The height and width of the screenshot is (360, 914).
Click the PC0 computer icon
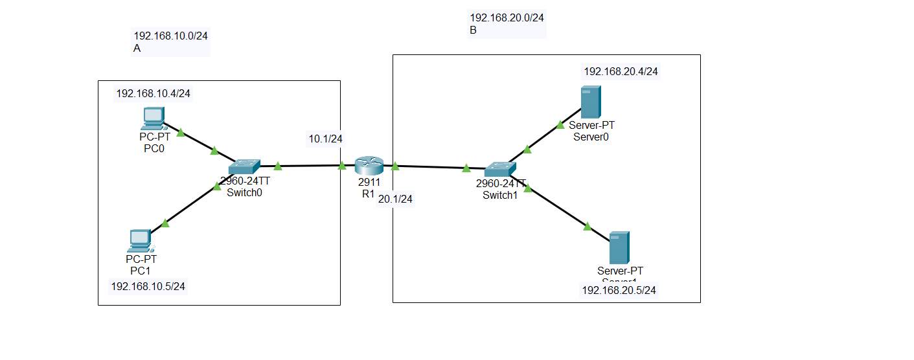[x=152, y=118]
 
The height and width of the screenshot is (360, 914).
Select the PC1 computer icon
[x=139, y=240]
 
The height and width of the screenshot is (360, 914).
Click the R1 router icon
[x=369, y=166]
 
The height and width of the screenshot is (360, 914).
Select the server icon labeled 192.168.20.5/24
[x=619, y=247]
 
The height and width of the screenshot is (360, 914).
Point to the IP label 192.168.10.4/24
[x=154, y=94]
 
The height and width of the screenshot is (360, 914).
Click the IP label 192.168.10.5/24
[x=148, y=286]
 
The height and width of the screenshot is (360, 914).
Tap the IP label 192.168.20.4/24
[x=621, y=72]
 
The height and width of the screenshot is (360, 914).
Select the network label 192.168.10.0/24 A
[x=170, y=41]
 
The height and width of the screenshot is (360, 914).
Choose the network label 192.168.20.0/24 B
[x=507, y=23]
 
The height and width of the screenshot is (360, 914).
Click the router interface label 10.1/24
[x=325, y=139]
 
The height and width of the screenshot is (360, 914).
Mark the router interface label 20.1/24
[x=394, y=199]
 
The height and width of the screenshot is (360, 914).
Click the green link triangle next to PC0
[x=181, y=132]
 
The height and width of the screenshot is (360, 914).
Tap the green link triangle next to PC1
[x=165, y=223]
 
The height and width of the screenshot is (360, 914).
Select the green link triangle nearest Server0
[x=560, y=124]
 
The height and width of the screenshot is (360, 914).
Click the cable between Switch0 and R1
[x=310, y=166]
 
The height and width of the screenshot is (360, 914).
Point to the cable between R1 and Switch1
[x=431, y=168]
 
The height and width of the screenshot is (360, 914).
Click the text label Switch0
[x=244, y=192]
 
